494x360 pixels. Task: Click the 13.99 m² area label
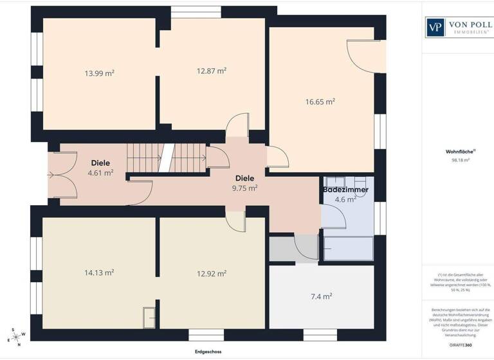tap(99, 73)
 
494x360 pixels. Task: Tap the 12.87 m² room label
tap(211, 71)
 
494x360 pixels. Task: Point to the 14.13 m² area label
tap(99, 273)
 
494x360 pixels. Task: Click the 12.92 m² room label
tap(211, 274)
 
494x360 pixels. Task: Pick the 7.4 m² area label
tap(321, 296)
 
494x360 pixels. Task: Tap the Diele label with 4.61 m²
tap(100, 168)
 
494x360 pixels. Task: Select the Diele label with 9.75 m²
tap(244, 183)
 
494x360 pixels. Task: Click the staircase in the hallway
tap(166, 157)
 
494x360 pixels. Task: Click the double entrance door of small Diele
tap(55, 175)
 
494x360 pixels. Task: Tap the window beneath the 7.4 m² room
tap(320, 334)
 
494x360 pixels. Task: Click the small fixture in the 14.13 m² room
tap(149, 317)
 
